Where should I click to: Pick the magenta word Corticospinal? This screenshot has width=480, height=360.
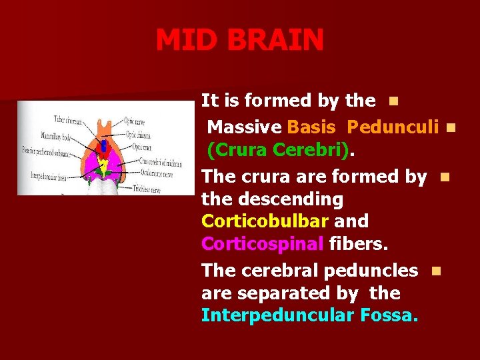point(263,244)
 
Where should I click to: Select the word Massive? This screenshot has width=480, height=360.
point(245,126)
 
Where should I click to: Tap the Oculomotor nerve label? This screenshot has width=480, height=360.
point(158,173)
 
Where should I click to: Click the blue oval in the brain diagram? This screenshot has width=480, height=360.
point(103,146)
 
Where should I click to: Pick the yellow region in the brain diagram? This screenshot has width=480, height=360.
point(103,161)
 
